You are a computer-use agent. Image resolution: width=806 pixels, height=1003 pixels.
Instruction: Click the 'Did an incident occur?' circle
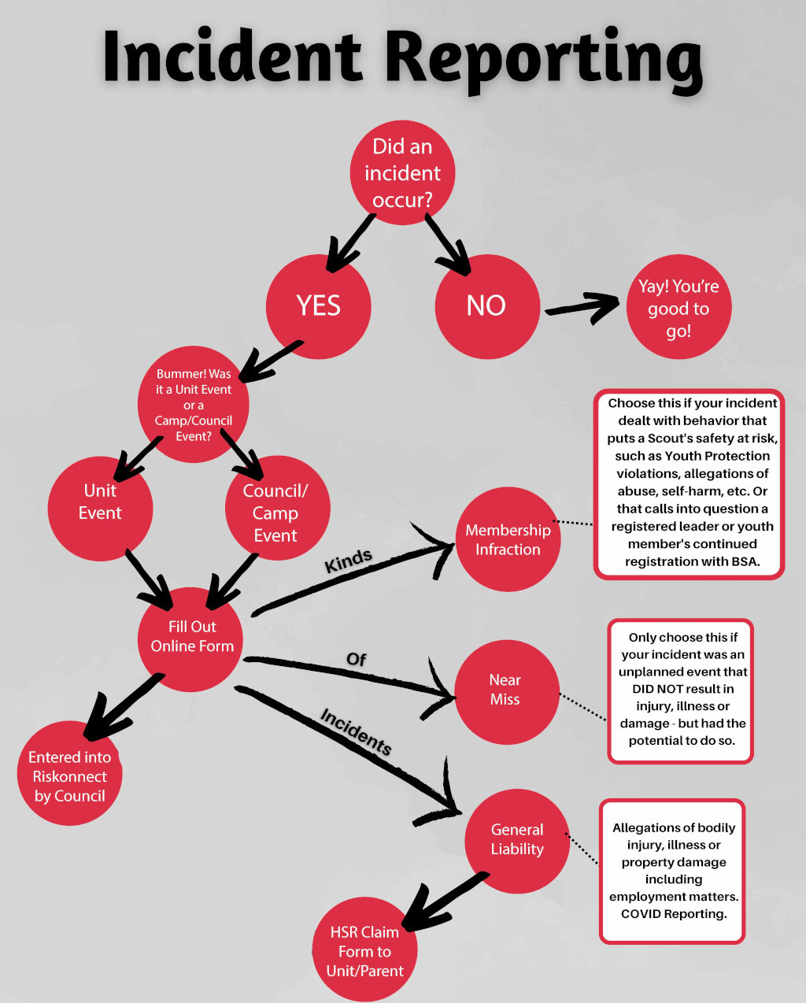click(x=402, y=172)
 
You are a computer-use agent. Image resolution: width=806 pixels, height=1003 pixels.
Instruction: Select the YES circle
click(x=319, y=306)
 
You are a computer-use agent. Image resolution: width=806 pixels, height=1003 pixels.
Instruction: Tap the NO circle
click(x=487, y=306)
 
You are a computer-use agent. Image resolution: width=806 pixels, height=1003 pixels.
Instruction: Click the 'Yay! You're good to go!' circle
click(x=678, y=306)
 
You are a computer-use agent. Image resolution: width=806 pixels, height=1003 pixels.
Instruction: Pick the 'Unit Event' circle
click(x=100, y=508)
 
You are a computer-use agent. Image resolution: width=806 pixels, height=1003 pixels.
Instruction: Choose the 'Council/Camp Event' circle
click(x=277, y=508)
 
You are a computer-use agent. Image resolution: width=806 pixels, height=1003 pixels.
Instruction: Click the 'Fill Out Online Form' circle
click(x=190, y=639)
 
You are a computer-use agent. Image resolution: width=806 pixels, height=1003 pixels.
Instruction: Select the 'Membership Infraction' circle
click(x=508, y=539)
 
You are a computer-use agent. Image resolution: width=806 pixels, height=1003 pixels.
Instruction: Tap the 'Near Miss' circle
click(x=507, y=692)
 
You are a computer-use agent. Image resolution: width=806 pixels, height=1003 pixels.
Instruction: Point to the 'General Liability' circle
click(x=517, y=842)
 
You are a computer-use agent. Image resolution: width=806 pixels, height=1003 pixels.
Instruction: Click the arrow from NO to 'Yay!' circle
click(x=582, y=308)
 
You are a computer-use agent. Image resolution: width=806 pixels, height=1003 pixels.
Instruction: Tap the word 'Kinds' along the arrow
click(x=348, y=561)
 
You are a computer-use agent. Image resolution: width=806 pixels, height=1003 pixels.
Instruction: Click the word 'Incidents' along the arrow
click(x=356, y=731)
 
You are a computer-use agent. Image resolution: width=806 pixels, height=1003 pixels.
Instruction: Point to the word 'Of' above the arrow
click(x=356, y=660)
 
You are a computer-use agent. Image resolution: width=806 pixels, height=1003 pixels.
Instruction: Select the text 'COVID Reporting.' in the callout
click(x=674, y=913)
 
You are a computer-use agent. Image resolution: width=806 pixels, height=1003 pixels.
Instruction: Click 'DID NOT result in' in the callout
click(x=683, y=689)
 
